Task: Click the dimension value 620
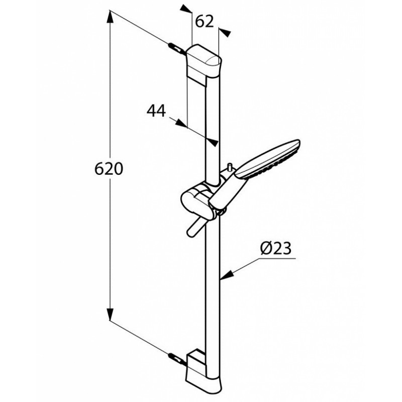pos(109,169)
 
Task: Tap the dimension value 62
pos(205,22)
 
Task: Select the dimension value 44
pos(156,111)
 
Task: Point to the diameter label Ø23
pos(276,248)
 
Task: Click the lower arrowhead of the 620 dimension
pos(110,312)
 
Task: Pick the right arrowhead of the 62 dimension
pos(225,33)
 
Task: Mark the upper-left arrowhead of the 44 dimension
pos(181,123)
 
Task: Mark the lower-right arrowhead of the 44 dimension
pos(213,142)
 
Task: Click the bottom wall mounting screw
pos(177,359)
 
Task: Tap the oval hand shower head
pos(268,159)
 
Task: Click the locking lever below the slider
pos(195,227)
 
